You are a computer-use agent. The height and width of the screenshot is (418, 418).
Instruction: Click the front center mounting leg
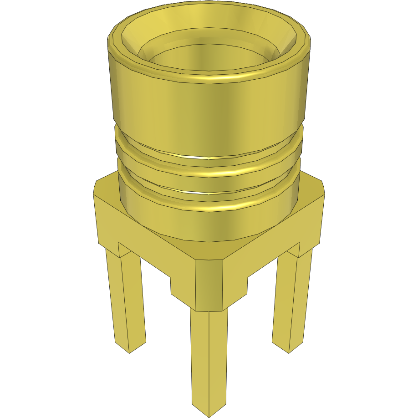[x=209, y=360]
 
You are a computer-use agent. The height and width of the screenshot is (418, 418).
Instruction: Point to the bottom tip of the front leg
[x=209, y=412]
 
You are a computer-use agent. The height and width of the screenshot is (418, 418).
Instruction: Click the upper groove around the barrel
[x=209, y=157]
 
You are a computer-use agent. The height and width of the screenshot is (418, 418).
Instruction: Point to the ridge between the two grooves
[x=209, y=173]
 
